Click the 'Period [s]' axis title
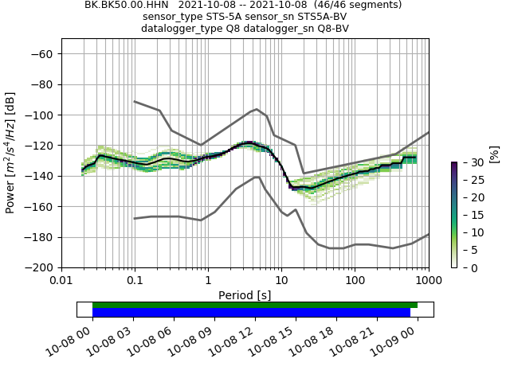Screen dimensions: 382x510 pos(245,294)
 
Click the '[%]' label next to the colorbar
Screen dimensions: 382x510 pos(494,154)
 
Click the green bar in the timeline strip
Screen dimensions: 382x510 pos(255,305)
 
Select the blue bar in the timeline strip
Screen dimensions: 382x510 pos(251,313)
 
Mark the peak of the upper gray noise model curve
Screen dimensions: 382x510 pos(257,109)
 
